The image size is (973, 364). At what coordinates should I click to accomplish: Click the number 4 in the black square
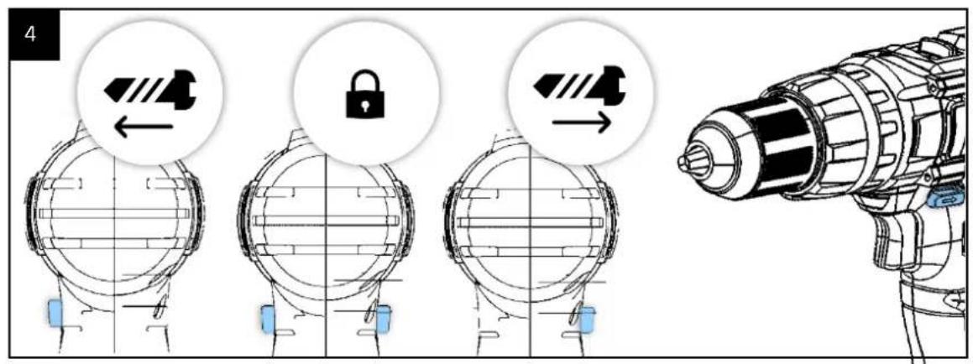30,34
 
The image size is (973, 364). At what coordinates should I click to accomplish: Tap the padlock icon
365,94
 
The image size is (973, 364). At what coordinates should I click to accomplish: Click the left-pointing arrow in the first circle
144,127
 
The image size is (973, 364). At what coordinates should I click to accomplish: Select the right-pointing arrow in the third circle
582,122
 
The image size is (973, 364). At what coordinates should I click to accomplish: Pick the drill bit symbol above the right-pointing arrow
580,84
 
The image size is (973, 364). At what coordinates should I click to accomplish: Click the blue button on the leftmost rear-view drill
55,311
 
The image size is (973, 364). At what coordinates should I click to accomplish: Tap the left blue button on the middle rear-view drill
268,320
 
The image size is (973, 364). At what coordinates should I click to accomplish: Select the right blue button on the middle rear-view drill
383,320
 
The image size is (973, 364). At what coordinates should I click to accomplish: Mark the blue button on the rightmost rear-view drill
587,320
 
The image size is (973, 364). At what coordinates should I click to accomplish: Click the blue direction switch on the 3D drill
946,200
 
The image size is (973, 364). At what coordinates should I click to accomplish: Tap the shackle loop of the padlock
365,81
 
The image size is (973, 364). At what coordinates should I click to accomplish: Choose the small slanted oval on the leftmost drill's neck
160,308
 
